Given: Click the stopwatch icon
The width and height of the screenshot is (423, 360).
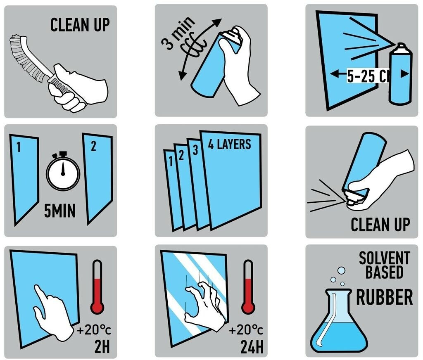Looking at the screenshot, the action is pos(63,171).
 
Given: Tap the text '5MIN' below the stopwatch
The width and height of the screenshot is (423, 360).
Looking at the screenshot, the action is pos(59,211).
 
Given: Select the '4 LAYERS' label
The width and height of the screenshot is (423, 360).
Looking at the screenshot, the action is pos(229,144).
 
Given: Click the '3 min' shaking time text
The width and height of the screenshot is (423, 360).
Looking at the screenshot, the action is pos(178,33).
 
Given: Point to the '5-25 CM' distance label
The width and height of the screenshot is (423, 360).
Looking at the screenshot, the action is pos(368,76).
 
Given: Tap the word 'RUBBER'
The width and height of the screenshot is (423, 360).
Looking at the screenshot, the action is pos(385,297).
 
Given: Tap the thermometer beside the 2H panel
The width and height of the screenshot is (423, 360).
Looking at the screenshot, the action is pos(97,287).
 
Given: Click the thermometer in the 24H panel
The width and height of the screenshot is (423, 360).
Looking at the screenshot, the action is pos(248,287).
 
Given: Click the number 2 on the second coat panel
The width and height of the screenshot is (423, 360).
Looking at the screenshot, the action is pos(93,146).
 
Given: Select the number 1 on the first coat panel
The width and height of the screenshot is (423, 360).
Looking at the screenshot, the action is pos(18,147).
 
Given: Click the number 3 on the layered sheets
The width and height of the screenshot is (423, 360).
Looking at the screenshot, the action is pos(195,150).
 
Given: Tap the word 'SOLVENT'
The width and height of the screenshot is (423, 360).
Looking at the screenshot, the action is pos(384,258).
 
